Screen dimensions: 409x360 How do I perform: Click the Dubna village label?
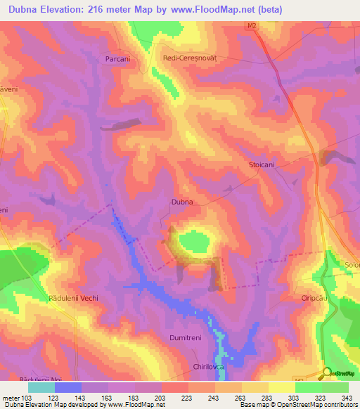182,202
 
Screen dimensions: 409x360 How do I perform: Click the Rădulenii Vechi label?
73,298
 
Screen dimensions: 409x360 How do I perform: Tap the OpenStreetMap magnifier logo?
327,374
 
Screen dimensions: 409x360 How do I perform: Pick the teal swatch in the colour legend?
41,387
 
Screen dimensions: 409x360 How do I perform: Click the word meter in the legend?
11,397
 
